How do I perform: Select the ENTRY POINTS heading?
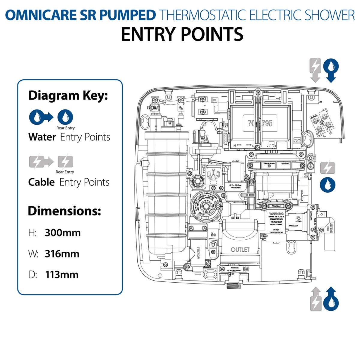[182, 34]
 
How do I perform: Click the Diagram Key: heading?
[68, 96]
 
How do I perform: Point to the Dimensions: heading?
[64, 211]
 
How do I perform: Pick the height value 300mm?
[63, 233]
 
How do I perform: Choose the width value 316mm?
[62, 254]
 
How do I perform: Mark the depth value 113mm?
[62, 274]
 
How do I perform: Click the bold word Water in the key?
[42, 137]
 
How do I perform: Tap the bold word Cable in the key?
[41, 182]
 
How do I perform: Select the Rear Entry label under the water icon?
[65, 128]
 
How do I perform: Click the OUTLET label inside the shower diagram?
[240, 250]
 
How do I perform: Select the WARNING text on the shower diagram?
[276, 214]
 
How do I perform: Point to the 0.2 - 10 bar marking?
[235, 185]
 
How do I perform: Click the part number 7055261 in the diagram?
[276, 206]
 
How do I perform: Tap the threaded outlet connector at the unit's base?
[234, 285]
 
